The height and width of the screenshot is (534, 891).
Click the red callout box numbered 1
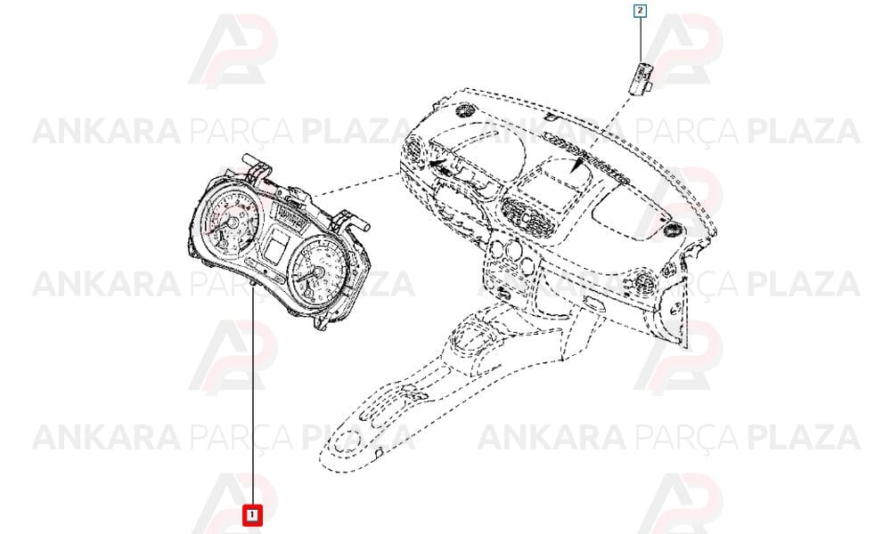coord(252,514)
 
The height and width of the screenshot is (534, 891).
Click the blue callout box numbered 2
coord(641,11)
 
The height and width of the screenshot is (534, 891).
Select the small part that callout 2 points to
coord(642,76)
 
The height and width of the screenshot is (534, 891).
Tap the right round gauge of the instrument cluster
coord(318,271)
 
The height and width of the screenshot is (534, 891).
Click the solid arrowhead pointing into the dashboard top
coord(578,166)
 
